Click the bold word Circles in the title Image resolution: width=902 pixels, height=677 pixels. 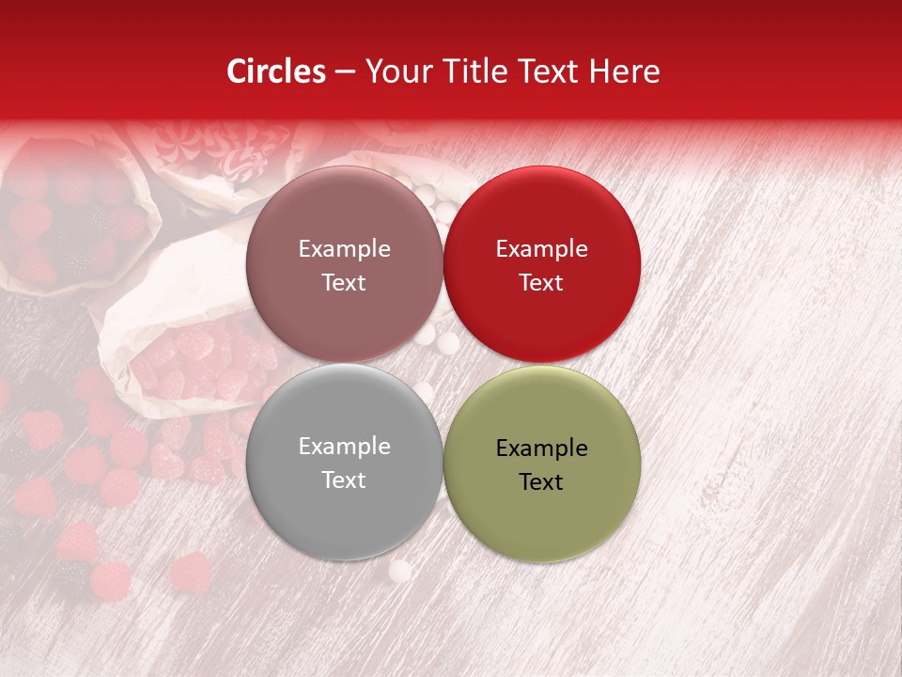click(276, 71)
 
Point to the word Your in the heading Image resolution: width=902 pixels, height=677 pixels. click(396, 72)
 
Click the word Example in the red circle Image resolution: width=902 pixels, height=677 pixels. click(541, 249)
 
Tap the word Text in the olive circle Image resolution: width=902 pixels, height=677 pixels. click(541, 482)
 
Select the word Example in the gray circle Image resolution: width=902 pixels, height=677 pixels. click(344, 447)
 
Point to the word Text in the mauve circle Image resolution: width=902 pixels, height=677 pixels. click(344, 283)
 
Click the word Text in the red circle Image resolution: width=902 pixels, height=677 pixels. click(541, 283)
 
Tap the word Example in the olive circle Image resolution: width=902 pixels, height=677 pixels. click(541, 449)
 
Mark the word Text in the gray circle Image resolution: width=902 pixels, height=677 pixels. click(344, 480)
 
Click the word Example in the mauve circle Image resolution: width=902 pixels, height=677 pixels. click(344, 249)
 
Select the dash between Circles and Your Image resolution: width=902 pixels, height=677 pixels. click(345, 72)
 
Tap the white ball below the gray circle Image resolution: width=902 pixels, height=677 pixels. click(400, 570)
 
